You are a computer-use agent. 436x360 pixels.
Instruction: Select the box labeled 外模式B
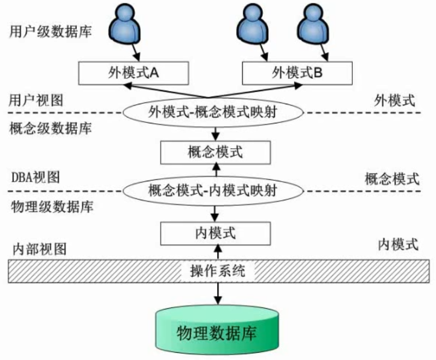[297, 73]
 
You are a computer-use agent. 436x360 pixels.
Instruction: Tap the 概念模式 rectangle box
[215, 153]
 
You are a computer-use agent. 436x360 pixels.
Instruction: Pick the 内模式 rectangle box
[215, 233]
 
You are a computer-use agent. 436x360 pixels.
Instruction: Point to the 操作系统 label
[218, 271]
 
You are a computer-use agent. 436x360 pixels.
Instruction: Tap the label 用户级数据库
[51, 32]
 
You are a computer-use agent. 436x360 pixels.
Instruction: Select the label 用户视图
[36, 100]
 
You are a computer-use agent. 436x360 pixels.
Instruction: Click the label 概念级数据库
[51, 129]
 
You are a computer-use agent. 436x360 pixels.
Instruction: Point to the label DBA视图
[35, 177]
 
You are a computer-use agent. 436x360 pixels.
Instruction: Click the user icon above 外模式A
[124, 24]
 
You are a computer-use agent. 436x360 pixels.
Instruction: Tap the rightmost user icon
[312, 24]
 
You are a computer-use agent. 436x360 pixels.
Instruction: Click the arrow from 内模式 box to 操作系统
[218, 252]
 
